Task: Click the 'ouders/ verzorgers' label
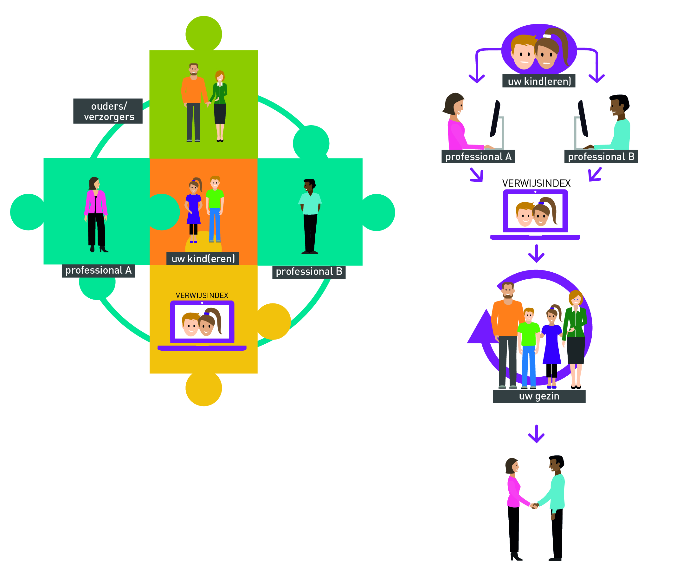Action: (107, 111)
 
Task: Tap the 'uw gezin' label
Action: (539, 396)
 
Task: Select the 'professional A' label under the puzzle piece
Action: (98, 270)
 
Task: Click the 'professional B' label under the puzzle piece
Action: (309, 272)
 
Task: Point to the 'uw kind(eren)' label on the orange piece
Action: (203, 258)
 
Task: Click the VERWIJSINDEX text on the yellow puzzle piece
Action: (202, 295)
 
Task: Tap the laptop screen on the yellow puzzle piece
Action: (202, 322)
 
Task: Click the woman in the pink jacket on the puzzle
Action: (96, 215)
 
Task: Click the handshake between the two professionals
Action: (534, 506)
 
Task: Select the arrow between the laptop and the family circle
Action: (536, 254)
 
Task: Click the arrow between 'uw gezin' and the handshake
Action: (536, 434)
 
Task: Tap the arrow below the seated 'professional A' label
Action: (477, 175)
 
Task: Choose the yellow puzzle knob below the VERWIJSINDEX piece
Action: (203, 388)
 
